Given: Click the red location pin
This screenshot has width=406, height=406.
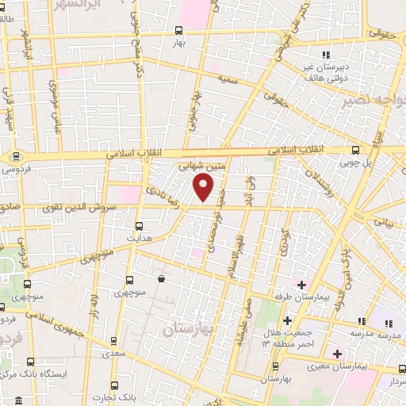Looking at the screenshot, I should click(x=204, y=187).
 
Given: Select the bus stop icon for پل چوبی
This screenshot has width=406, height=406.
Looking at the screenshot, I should click(x=354, y=149).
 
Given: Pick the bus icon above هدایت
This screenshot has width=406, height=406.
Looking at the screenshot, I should click(x=140, y=225).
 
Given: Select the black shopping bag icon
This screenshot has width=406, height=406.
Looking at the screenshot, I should click(x=161, y=278).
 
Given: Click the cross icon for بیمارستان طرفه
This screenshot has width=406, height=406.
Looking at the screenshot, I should click(x=301, y=284).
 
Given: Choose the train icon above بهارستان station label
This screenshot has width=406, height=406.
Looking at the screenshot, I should click(x=275, y=366).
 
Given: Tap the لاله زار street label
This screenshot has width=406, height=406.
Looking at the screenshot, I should click(x=95, y=304).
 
